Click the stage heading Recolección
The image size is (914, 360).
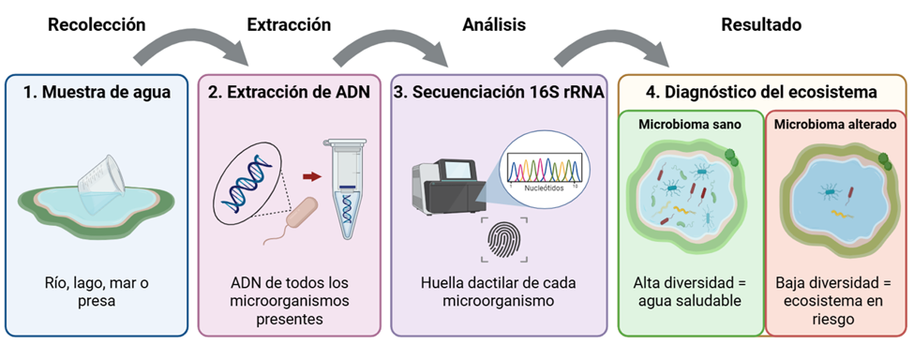click(97, 25)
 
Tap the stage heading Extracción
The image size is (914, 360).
click(289, 25)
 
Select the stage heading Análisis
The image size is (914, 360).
click(494, 25)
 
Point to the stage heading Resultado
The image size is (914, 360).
click(761, 25)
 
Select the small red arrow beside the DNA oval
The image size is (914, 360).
click(312, 176)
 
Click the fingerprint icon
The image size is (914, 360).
click(503, 240)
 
